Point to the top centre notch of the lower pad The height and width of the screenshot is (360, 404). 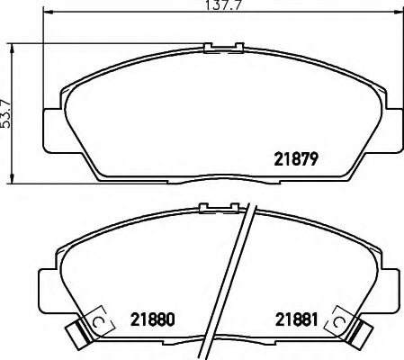point(215,209)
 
